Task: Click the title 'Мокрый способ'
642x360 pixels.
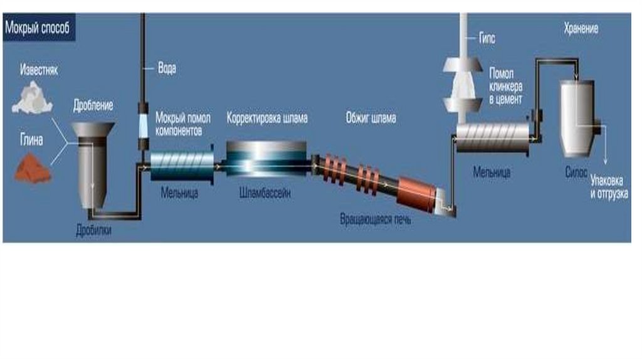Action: [x=38, y=28]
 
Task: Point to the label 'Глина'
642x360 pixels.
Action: [x=31, y=140]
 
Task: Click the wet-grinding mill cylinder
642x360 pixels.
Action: [x=182, y=164]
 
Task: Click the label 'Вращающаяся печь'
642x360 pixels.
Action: [x=376, y=221]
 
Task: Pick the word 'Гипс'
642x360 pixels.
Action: [x=487, y=39]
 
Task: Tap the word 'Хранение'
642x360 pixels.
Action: [x=580, y=29]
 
